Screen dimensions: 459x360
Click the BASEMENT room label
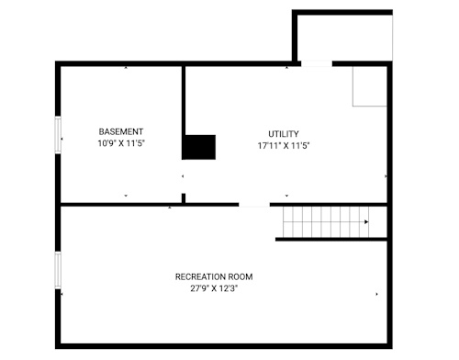coord(121,131)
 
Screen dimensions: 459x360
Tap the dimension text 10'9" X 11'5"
coord(121,143)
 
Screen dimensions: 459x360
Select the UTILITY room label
coord(284,134)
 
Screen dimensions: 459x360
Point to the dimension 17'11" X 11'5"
coord(284,146)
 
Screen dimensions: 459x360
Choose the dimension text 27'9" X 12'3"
coord(214,288)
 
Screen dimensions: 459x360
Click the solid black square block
coord(198,147)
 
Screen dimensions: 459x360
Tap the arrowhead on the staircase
coord(366,222)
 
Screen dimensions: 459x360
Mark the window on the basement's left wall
coord(58,134)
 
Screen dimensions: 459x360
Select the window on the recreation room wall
coord(58,270)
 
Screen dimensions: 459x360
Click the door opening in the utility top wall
coord(317,63)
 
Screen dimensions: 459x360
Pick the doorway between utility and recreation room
coord(254,205)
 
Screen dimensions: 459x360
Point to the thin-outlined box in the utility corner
coord(370,86)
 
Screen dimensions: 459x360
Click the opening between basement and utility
coord(184,176)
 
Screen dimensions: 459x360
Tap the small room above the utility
coord(342,35)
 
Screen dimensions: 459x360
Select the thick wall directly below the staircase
coord(331,240)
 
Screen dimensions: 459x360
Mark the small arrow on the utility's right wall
coord(386,176)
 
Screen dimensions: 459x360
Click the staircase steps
coord(326,222)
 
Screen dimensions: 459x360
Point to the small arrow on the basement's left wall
coord(62,139)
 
